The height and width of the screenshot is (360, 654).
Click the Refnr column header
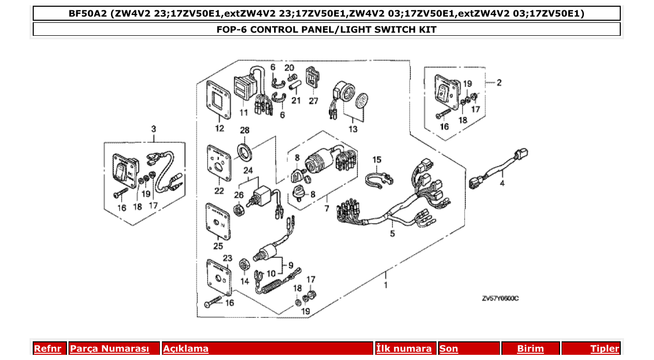[x=47, y=349]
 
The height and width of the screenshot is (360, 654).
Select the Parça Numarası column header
[x=110, y=349]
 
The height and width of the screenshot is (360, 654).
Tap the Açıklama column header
[x=186, y=349]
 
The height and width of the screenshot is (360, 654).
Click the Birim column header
[x=530, y=349]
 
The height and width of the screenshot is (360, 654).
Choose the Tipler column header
[x=604, y=349]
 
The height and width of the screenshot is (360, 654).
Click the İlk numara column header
[x=404, y=349]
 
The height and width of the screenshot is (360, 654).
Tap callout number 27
[x=314, y=101]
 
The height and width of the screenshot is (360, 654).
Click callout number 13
[x=353, y=129]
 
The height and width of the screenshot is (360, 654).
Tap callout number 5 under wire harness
[x=392, y=233]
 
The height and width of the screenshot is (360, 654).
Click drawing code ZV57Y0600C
[x=500, y=298]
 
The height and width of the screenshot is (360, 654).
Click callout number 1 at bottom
[x=385, y=285]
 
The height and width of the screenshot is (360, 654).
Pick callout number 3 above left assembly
[x=153, y=128]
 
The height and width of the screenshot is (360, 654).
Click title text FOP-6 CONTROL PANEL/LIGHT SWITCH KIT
[x=326, y=30]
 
